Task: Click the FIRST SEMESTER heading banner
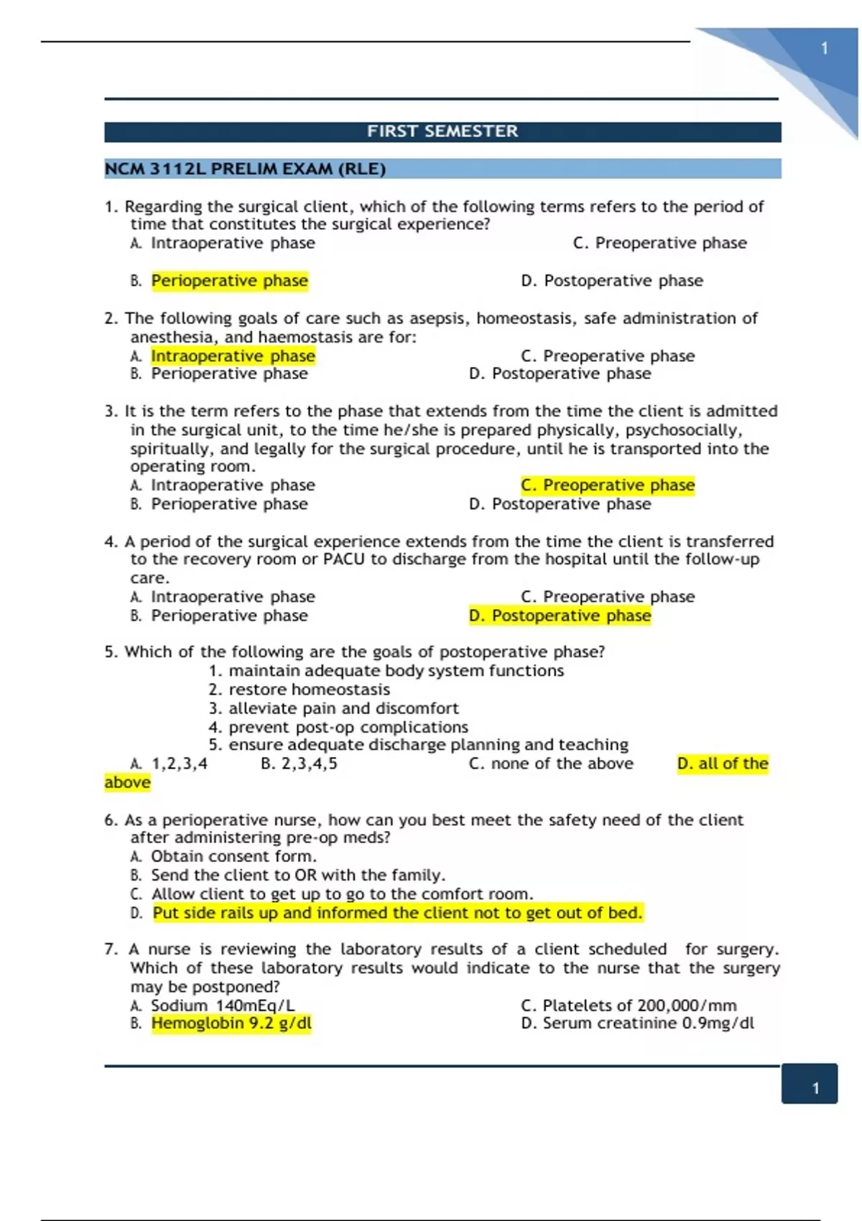click(x=442, y=131)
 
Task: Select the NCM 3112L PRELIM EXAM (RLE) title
click(x=245, y=170)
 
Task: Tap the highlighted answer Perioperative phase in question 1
click(x=229, y=281)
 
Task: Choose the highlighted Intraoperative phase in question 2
click(x=233, y=356)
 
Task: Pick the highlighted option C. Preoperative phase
click(x=608, y=486)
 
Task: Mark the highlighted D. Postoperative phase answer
click(x=560, y=616)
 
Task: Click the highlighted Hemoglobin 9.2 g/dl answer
click(x=231, y=1023)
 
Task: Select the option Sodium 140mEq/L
click(x=223, y=1006)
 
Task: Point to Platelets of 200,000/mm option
click(x=629, y=1006)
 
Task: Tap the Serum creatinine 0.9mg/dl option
click(x=637, y=1023)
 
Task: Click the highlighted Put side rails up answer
click(x=397, y=913)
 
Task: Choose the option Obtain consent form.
click(x=233, y=856)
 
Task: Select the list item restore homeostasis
click(x=309, y=690)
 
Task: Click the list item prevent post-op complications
click(x=348, y=727)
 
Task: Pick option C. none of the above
click(x=551, y=763)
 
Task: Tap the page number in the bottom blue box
click(x=815, y=1088)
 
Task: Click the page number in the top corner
click(x=825, y=49)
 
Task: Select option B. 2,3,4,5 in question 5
click(x=299, y=763)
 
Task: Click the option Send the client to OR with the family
click(x=298, y=875)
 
